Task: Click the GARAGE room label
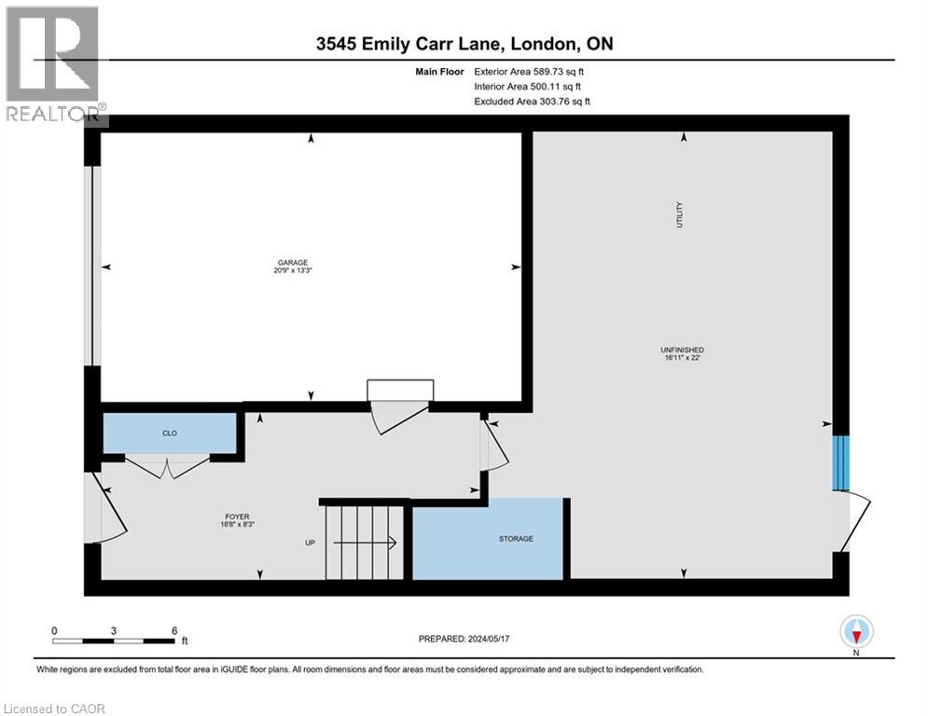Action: click(292, 263)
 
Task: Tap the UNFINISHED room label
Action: click(683, 350)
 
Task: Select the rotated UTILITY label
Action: click(679, 214)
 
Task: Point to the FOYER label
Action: click(237, 516)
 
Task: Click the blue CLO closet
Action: click(170, 434)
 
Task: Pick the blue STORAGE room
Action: click(488, 539)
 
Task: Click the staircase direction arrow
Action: click(365, 542)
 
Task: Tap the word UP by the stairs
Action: click(311, 543)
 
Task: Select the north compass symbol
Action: click(856, 631)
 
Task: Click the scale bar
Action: click(114, 640)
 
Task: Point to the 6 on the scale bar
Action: click(174, 631)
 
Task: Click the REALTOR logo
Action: click(54, 64)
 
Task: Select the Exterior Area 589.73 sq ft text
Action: click(529, 72)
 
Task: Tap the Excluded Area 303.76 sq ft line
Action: click(532, 102)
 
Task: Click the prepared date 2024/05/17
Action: click(489, 639)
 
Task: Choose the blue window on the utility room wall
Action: click(841, 463)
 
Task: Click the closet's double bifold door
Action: click(168, 467)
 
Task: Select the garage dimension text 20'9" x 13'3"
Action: click(292, 270)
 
